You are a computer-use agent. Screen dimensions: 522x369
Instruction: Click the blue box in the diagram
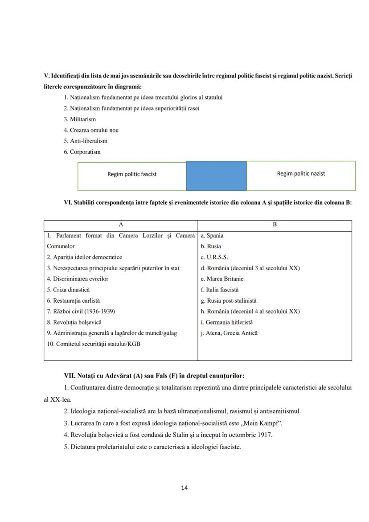tap(216, 176)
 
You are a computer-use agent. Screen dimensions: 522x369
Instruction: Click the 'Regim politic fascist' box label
tap(132, 174)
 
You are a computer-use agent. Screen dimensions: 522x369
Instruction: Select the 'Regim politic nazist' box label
tap(301, 173)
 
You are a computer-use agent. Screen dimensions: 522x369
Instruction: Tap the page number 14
tap(184, 488)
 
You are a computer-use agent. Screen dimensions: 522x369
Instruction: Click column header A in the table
tap(121, 225)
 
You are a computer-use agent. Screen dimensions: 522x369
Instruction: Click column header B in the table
tap(275, 225)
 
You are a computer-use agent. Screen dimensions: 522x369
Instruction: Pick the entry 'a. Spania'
tap(212, 235)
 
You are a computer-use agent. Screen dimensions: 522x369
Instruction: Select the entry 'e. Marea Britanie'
tap(222, 279)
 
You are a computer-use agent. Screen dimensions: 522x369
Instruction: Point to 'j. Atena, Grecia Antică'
tap(229, 333)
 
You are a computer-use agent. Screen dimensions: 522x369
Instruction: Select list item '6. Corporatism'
tap(82, 152)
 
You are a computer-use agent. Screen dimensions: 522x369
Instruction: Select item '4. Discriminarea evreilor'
tap(78, 279)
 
